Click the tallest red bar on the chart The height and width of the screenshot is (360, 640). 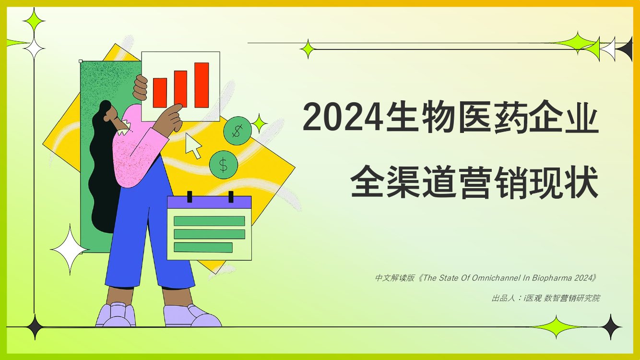tap(201, 85)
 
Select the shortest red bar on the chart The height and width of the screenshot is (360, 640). tap(160, 93)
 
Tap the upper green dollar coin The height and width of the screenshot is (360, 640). tap(237, 130)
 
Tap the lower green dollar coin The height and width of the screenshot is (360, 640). tap(224, 165)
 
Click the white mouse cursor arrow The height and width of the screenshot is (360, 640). tap(193, 145)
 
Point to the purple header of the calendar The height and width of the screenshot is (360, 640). tap(209, 202)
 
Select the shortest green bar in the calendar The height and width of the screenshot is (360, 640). tap(203, 247)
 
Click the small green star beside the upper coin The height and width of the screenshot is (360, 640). tap(260, 124)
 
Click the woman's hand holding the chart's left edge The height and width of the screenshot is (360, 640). tap(141, 88)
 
